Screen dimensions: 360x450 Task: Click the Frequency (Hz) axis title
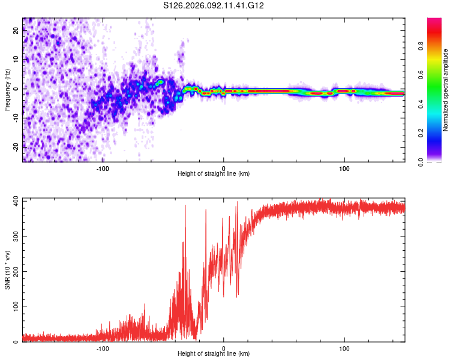click(7, 89)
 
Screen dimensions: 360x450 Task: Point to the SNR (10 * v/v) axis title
click(7, 269)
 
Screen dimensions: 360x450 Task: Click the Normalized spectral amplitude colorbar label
click(446, 90)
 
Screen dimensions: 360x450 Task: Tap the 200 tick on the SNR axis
click(14, 271)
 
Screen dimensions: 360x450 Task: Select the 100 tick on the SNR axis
click(14, 307)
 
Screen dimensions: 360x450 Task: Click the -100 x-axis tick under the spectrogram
click(103, 169)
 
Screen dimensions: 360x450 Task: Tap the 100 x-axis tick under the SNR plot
click(344, 349)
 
